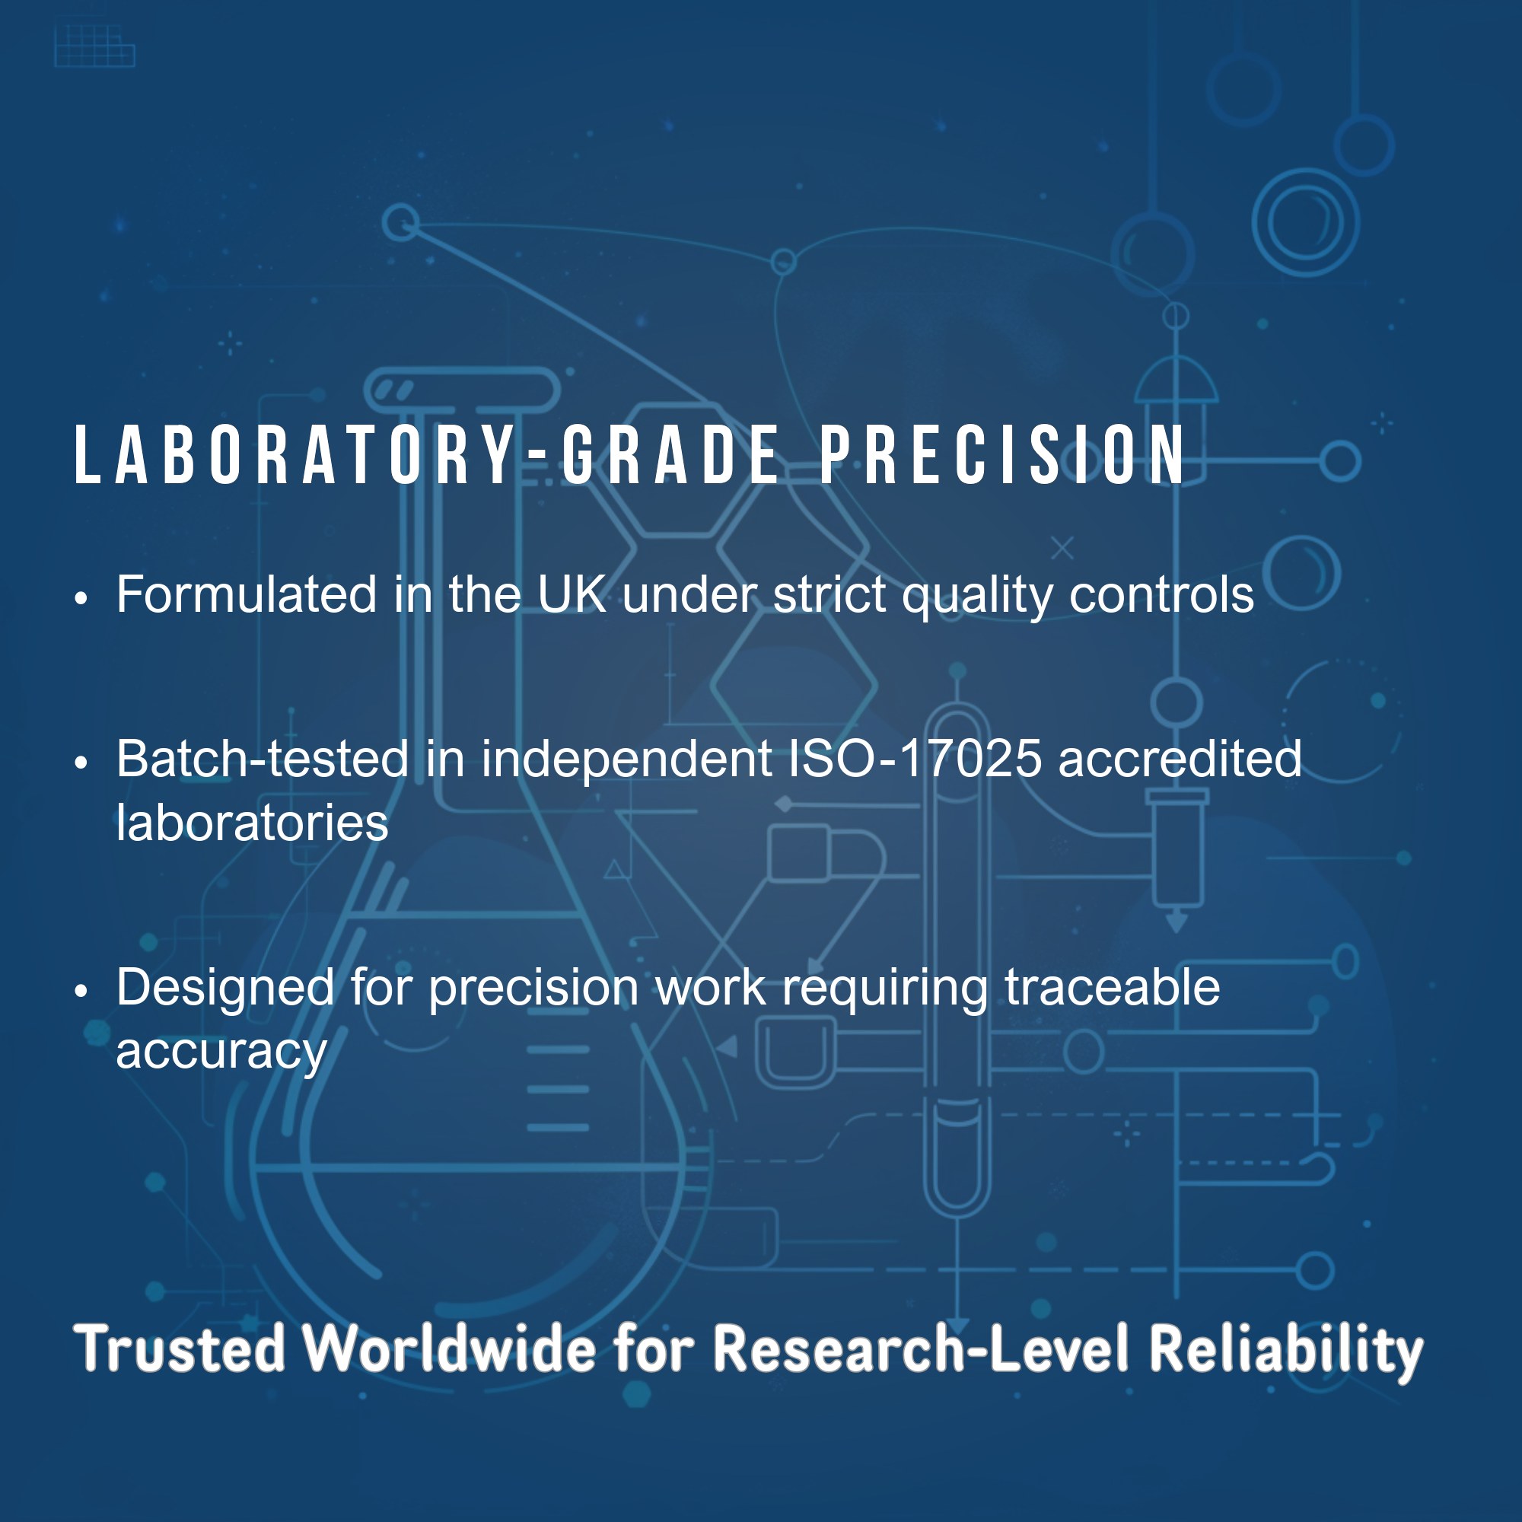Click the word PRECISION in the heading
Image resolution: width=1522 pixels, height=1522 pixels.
pos(1002,454)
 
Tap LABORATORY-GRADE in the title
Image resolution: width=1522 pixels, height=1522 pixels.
pos(426,454)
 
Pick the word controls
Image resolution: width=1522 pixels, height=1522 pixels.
pos(1161,594)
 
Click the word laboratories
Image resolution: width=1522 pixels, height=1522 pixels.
pos(252,823)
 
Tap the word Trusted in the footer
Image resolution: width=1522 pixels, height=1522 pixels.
pos(179,1348)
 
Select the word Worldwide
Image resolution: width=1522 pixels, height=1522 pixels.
pos(450,1348)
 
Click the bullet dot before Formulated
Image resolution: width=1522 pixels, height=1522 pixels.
pos(81,599)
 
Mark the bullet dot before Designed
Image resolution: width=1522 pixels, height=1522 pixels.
pos(81,991)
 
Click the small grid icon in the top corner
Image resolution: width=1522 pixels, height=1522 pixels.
pos(94,46)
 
